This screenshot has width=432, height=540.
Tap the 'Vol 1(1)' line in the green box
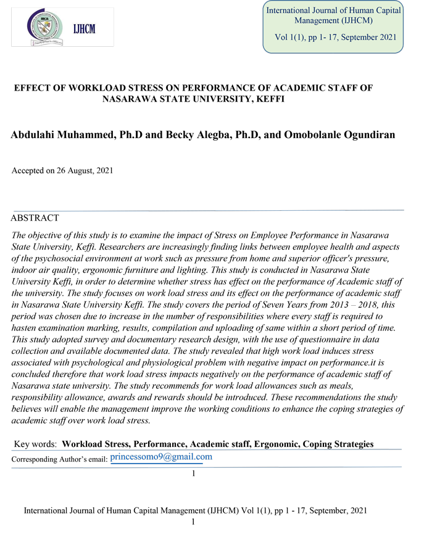[x=334, y=38]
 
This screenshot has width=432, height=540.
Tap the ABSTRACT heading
[x=35, y=218]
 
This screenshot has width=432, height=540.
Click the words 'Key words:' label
[x=35, y=444]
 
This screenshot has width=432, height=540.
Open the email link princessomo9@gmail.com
[x=161, y=457]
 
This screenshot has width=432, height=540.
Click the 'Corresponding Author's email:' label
[x=60, y=459]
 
